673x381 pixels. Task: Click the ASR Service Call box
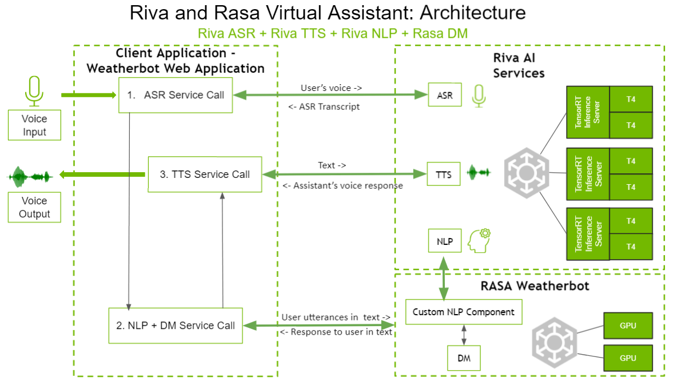click(175, 95)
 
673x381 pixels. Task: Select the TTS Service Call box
click(205, 174)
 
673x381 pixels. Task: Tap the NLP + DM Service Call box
click(176, 326)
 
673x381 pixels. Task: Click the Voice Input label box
click(34, 125)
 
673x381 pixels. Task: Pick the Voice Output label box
click(34, 207)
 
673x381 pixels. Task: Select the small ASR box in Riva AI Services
click(445, 95)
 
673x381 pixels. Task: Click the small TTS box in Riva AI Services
click(444, 174)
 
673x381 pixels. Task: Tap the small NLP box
click(445, 241)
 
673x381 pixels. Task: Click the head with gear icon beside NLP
click(479, 241)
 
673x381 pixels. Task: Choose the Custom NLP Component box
click(463, 312)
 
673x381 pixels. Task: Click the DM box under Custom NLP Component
click(464, 358)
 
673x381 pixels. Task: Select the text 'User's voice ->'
click(331, 88)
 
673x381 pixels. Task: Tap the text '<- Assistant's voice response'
click(343, 185)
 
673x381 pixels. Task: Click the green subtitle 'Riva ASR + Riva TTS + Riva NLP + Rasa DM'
click(333, 33)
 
